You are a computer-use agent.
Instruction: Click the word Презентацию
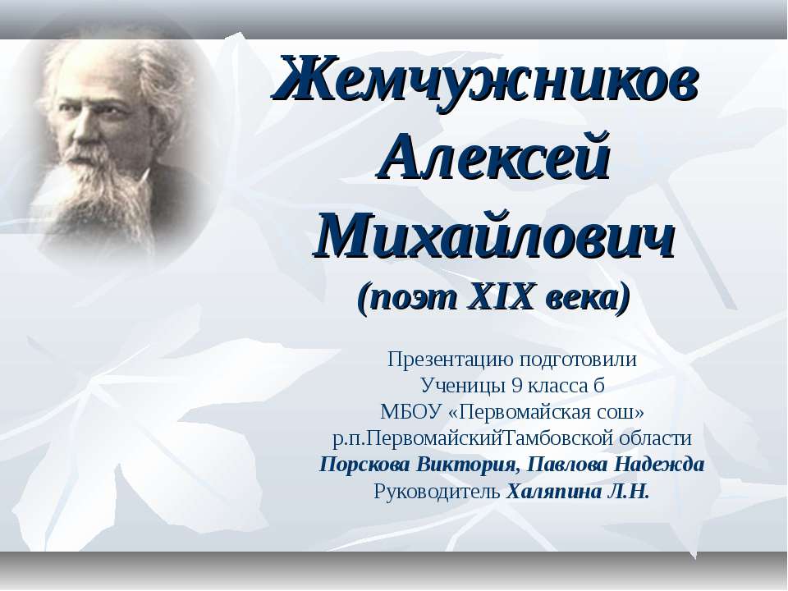pyautogui.click(x=449, y=360)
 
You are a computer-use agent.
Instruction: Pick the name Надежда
pyautogui.click(x=662, y=464)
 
